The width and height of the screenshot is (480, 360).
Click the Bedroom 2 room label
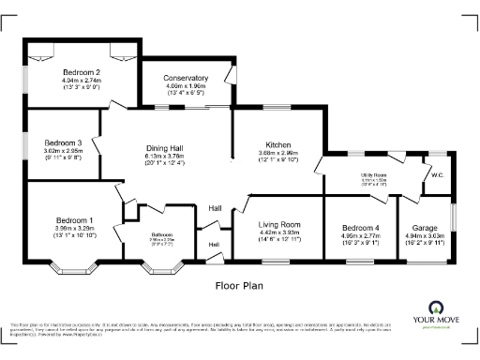click(82, 72)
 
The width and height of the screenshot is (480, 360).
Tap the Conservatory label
click(186, 78)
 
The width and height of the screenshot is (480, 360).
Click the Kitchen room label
click(278, 145)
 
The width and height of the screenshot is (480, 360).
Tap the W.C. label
click(437, 175)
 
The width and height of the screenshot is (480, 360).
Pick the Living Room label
click(279, 225)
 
